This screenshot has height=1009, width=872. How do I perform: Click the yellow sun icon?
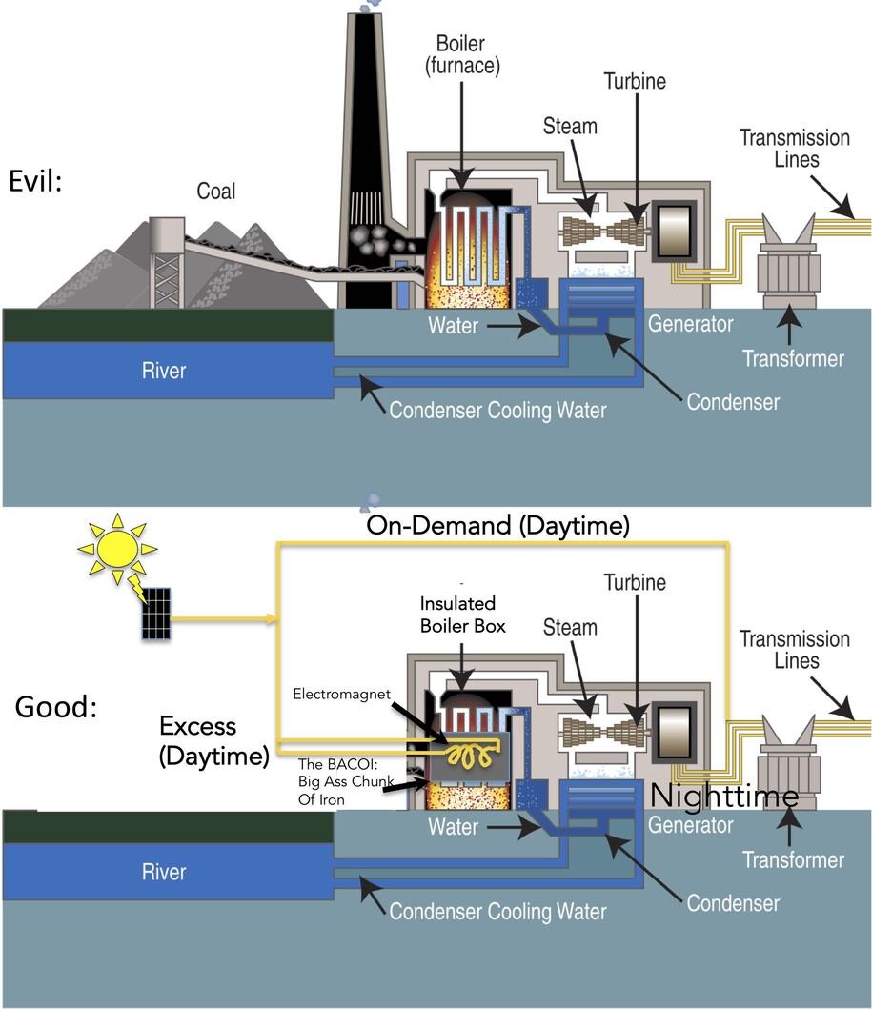tap(117, 549)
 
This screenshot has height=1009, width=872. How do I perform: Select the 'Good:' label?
tap(56, 707)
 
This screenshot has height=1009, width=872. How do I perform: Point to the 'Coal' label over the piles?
tap(215, 192)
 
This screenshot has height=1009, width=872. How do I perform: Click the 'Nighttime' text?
tap(723, 796)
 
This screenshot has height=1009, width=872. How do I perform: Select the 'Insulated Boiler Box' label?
tap(461, 615)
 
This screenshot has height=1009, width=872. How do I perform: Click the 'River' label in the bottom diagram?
tap(165, 872)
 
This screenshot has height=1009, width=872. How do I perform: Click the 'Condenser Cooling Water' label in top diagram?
tap(497, 412)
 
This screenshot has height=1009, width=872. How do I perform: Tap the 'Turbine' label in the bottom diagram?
tap(635, 581)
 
